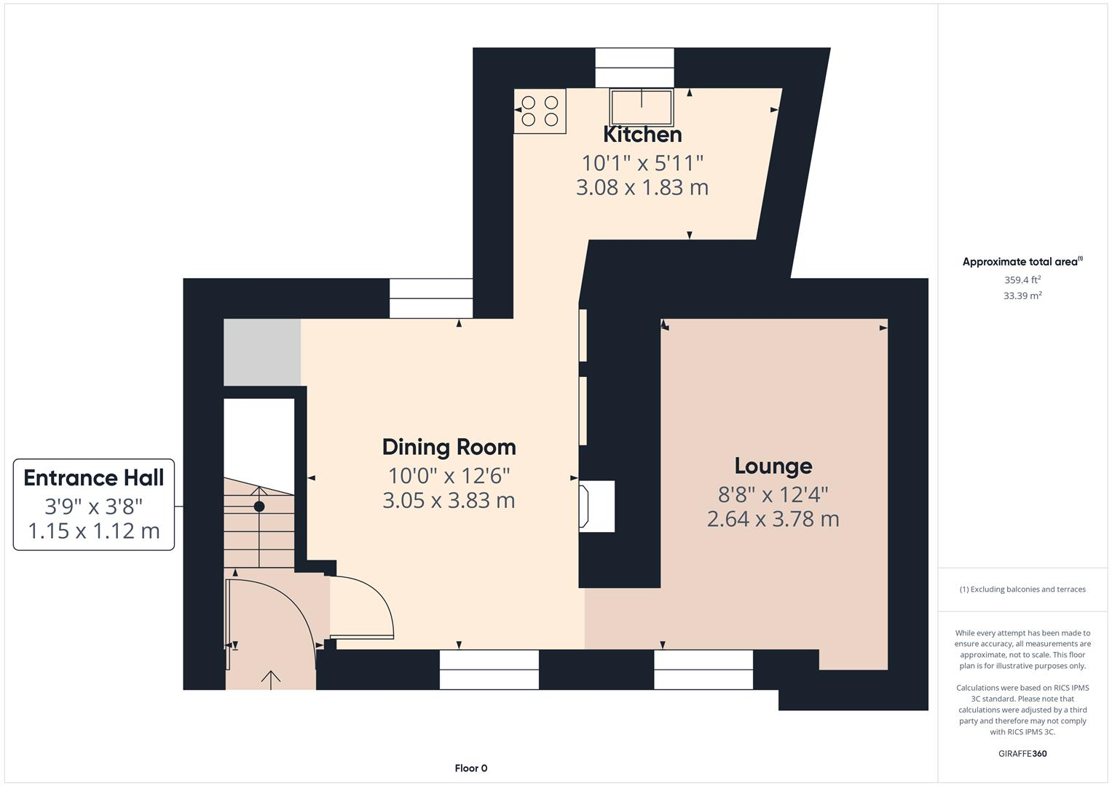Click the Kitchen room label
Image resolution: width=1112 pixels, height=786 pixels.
coord(642,135)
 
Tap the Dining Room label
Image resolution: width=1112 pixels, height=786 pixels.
coord(449,447)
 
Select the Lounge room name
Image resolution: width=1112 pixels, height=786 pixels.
coord(773,466)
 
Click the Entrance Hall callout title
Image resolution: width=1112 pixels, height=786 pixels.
coord(94,478)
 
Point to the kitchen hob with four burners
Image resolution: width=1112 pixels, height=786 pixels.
coord(540,111)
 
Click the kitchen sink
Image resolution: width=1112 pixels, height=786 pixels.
coord(642,108)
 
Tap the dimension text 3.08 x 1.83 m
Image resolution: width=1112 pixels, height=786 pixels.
coord(642,188)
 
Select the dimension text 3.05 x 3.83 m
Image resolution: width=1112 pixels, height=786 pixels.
coord(449,501)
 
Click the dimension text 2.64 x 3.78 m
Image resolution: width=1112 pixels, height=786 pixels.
coord(773,520)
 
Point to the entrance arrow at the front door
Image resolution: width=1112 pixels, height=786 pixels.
coord(271,679)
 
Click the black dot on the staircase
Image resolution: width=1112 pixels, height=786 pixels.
coord(259,507)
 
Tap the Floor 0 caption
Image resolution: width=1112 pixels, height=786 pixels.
coord(470,769)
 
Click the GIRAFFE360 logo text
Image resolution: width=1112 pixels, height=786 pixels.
coord(1022,754)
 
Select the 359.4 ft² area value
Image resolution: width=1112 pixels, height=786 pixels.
coord(1022,279)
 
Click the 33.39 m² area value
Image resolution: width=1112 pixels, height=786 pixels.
coord(1022,295)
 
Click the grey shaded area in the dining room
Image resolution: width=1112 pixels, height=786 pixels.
coord(262,352)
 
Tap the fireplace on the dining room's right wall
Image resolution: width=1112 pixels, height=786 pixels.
coord(596,506)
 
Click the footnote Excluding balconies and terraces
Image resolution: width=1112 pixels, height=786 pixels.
coord(1022,589)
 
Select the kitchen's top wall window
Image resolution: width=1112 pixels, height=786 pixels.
coord(634,68)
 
